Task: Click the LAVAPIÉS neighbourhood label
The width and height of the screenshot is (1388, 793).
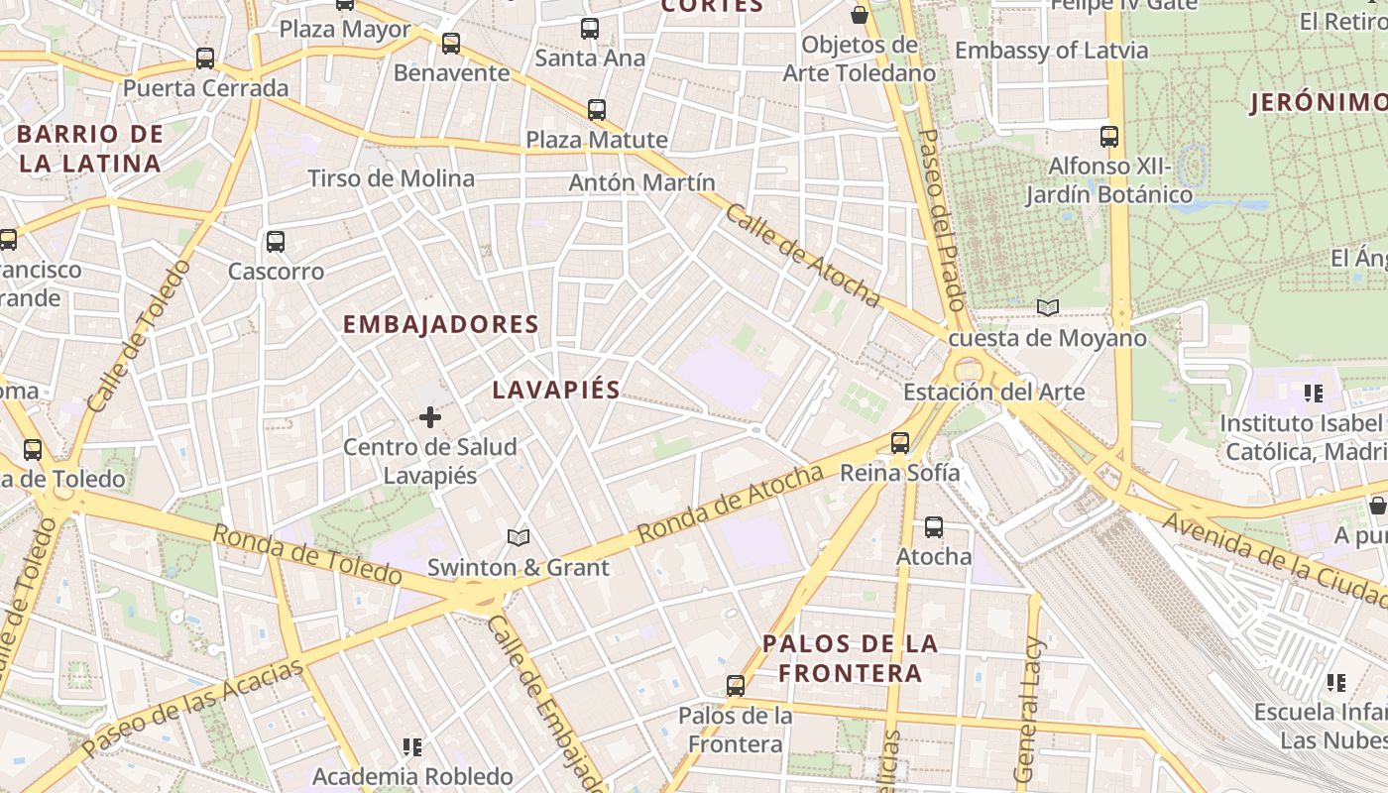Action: [x=556, y=390]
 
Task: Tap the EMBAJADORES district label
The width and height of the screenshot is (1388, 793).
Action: [x=440, y=324]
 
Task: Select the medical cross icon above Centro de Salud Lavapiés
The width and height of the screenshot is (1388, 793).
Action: [x=430, y=417]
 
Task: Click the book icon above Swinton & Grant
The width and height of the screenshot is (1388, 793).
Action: [x=518, y=537]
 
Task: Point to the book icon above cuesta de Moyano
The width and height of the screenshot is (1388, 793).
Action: [x=1047, y=308]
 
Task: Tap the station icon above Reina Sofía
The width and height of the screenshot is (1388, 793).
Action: [x=900, y=443]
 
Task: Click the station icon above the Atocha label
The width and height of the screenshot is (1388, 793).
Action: [x=934, y=527]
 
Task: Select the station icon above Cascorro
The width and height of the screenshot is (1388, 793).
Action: [x=276, y=241]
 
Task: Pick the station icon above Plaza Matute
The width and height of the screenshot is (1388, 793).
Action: [x=596, y=109]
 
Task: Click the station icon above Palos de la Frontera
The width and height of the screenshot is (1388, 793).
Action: [x=736, y=685]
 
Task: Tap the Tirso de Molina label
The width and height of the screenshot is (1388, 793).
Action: [x=391, y=178]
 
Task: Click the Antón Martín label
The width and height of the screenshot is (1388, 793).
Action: [x=641, y=182]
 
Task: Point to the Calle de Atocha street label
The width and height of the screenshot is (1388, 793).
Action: [x=802, y=255]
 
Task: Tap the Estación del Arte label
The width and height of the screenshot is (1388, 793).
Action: [x=993, y=392]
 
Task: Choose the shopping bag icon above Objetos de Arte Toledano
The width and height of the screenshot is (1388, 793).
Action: [x=860, y=15]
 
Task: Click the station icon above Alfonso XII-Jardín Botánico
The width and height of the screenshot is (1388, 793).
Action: [x=1109, y=137]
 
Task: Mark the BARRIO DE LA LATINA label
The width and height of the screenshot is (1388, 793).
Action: [x=90, y=149]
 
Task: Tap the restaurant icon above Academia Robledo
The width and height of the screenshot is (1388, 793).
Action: [x=412, y=746]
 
